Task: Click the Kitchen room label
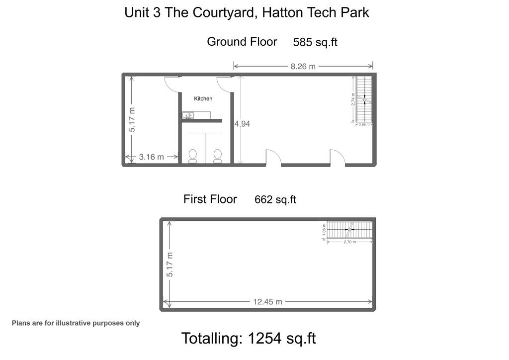pyautogui.click(x=203, y=98)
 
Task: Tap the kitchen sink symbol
pyautogui.click(x=188, y=115)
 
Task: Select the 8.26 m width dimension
pyautogui.click(x=303, y=66)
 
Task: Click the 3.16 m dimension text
pyautogui.click(x=151, y=157)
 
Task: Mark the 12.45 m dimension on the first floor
pyautogui.click(x=267, y=302)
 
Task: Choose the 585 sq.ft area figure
pyautogui.click(x=315, y=42)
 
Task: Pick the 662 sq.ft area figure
pyautogui.click(x=275, y=200)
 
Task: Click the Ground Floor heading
pyautogui.click(x=242, y=42)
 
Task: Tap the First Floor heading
pyautogui.click(x=210, y=199)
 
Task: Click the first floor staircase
pyautogui.click(x=350, y=230)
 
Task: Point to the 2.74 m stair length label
pyautogui.click(x=353, y=99)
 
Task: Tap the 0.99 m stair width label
pyautogui.click(x=364, y=125)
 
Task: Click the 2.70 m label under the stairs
pyautogui.click(x=349, y=242)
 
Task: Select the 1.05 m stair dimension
pyautogui.click(x=324, y=229)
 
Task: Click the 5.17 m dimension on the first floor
pyautogui.click(x=170, y=265)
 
